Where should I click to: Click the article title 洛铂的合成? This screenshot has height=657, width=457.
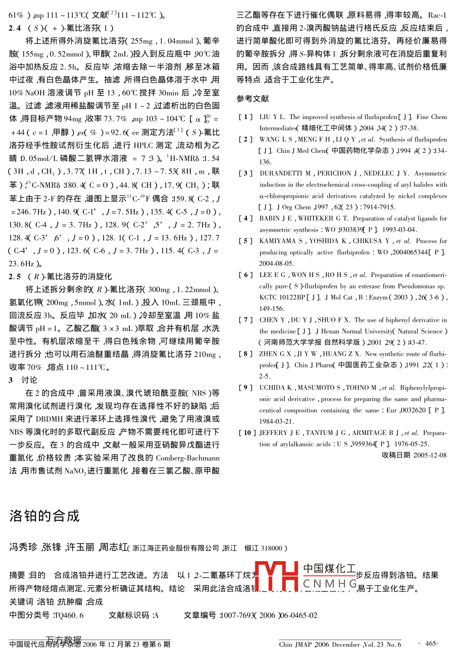44,516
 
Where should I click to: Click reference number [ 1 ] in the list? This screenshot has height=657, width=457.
245,117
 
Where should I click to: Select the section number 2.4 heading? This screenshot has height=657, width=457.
15,28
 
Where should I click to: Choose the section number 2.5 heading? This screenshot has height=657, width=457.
15,277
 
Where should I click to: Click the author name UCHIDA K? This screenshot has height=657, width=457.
276,388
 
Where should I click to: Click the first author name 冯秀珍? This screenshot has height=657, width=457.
23,547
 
